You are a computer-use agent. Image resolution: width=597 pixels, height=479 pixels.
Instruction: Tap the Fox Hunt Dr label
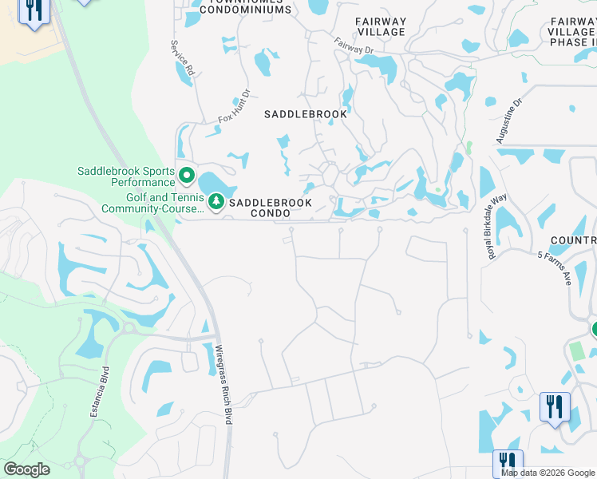tap(234, 109)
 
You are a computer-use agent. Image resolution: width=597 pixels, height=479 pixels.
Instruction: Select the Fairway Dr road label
tap(354, 46)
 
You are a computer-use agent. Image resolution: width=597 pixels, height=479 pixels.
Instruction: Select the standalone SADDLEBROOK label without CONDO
tap(306, 114)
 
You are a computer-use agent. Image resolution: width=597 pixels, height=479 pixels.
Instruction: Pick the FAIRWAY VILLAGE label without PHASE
tap(381, 26)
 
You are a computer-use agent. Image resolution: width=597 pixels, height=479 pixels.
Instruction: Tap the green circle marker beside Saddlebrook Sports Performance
tap(187, 174)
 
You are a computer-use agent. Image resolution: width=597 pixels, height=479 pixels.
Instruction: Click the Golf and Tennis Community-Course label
tap(152, 203)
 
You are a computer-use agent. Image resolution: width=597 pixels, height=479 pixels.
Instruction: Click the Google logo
tap(26, 469)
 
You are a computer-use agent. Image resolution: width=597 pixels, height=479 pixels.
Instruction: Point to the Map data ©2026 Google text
tap(548, 473)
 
